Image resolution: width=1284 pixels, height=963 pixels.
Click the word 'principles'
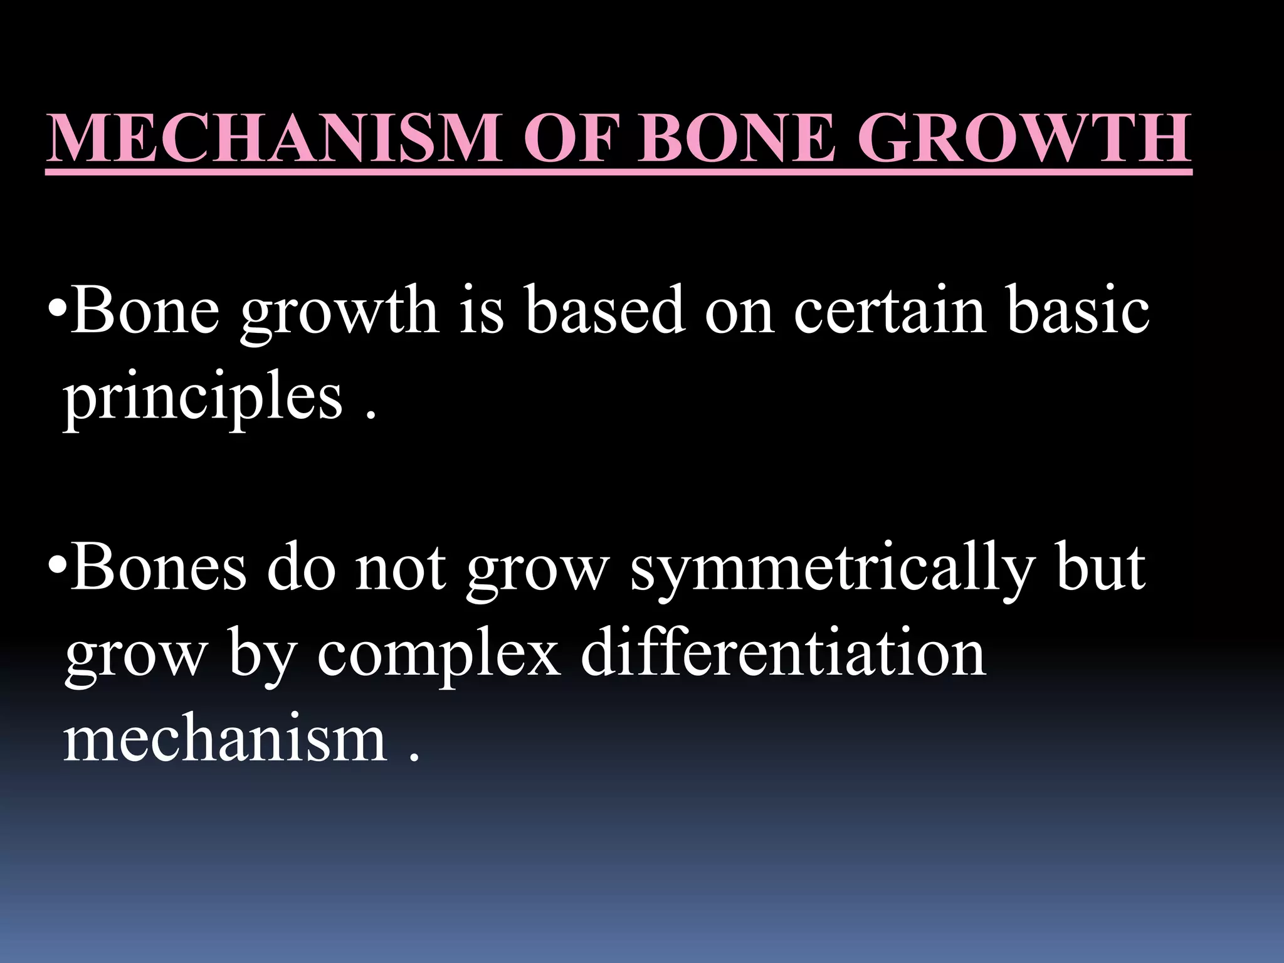(x=203, y=399)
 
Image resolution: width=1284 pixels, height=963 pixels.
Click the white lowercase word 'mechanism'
(x=226, y=740)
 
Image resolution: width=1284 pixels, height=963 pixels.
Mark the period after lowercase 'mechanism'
(x=413, y=757)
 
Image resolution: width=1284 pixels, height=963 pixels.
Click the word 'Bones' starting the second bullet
(x=159, y=567)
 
